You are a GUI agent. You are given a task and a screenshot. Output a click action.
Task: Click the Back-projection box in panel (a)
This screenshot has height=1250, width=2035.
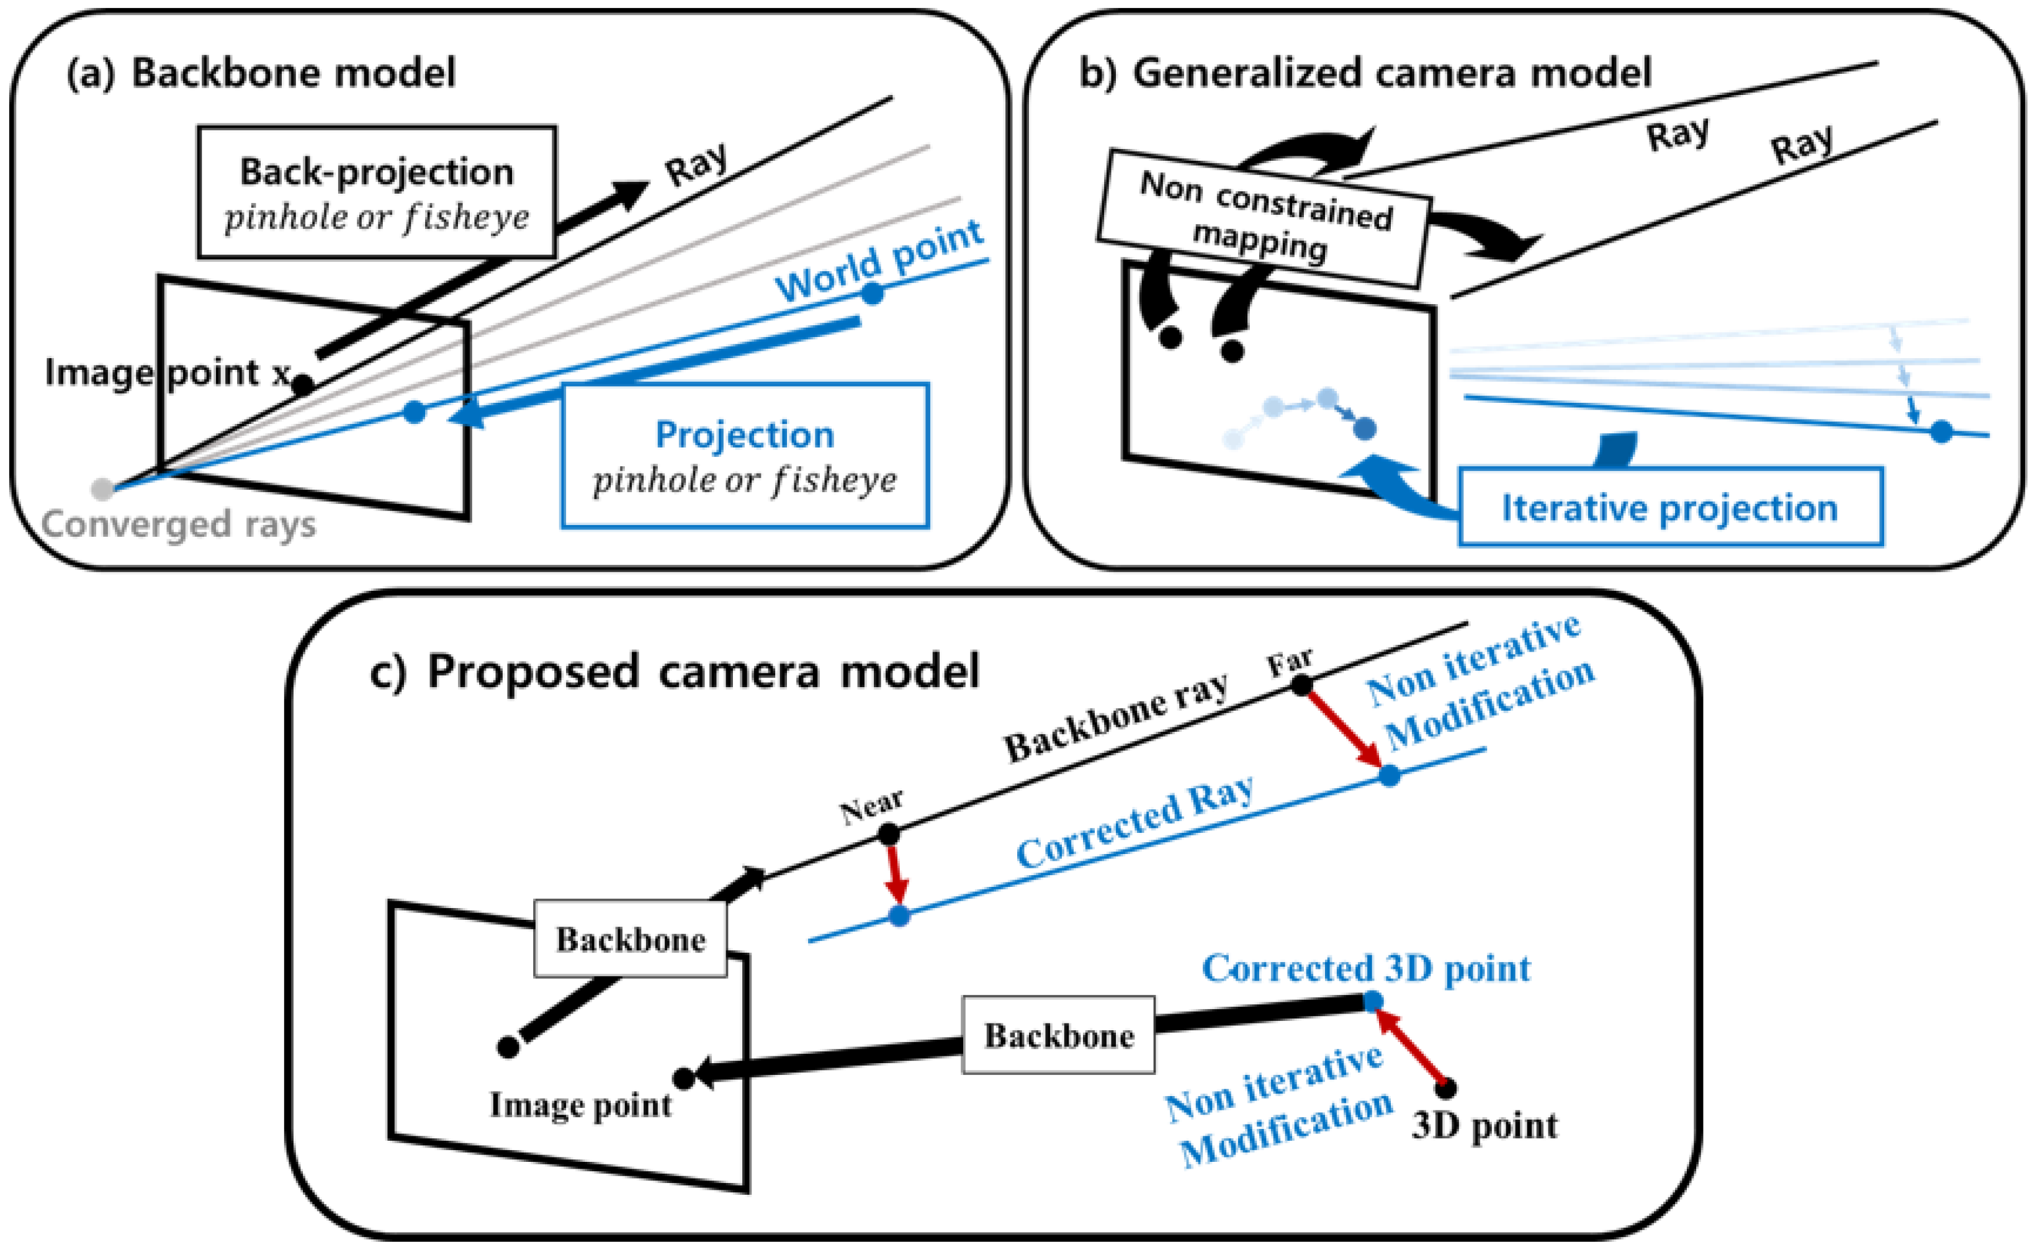coord(376,192)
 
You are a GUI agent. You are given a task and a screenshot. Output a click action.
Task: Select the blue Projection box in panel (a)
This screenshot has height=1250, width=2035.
coord(745,456)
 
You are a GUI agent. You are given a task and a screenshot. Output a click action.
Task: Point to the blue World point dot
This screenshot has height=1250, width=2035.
coord(872,293)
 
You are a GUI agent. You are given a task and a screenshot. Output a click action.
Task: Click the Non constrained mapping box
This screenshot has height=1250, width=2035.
coord(1265,217)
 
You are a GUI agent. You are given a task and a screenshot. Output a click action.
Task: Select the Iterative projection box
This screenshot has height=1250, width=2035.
coord(1669,507)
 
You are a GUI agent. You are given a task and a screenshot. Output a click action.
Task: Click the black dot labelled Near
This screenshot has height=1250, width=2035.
coord(889,835)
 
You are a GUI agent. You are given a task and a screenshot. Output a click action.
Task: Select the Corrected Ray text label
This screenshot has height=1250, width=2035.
coord(1134,822)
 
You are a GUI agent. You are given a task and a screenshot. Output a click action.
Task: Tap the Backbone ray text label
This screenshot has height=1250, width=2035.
coord(1116,717)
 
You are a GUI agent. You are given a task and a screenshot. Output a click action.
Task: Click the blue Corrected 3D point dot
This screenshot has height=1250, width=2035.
coord(1372,1001)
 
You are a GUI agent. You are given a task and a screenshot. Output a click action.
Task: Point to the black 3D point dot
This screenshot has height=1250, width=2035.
coord(1445,1088)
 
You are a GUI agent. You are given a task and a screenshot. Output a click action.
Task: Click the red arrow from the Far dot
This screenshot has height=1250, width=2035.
coord(1345,730)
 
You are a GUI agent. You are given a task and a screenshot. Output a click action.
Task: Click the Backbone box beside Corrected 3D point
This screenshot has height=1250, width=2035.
coord(1058,1035)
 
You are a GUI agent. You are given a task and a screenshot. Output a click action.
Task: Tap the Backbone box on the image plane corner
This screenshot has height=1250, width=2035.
coord(630,939)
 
